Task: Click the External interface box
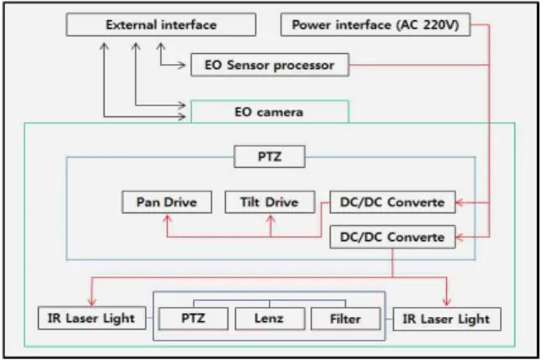pos(161,24)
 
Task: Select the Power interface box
pos(375,24)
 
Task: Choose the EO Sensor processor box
pos(270,65)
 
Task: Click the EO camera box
pos(270,111)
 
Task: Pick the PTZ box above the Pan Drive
pos(270,157)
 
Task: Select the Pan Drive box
pos(167,201)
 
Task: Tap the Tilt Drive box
pos(270,201)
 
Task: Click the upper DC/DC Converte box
pos(393,201)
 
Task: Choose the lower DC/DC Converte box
pos(393,237)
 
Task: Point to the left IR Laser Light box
pos(92,318)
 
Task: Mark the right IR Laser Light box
pos(447,319)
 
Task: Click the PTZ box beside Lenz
pos(193,318)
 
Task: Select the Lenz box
pos(270,318)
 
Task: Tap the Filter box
pos(346,318)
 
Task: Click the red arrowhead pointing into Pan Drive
pos(167,218)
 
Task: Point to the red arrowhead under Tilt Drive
pos(271,218)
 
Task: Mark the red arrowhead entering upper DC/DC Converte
pos(460,202)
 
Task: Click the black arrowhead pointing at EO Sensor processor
pos(182,65)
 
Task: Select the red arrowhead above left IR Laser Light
pos(92,302)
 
